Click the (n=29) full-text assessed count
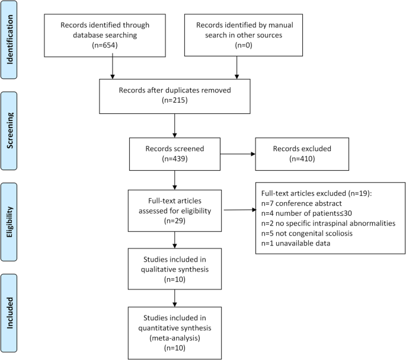[x=175, y=219]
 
